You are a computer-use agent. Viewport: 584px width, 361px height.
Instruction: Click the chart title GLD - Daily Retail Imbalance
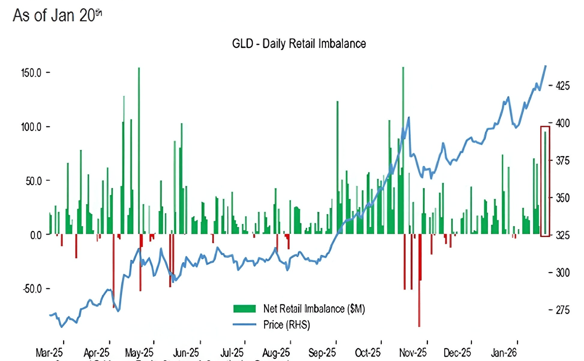(299, 44)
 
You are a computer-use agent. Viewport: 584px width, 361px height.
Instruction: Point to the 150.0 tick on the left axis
(32, 73)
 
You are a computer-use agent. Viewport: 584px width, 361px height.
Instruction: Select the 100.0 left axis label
(32, 127)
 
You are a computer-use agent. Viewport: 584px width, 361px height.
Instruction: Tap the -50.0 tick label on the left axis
(32, 289)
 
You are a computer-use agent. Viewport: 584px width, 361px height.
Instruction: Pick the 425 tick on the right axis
(562, 86)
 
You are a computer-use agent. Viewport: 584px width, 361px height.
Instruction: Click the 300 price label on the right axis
(562, 273)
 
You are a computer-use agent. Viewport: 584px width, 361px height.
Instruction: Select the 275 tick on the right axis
(562, 310)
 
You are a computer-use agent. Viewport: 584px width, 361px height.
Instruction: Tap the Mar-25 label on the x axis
(49, 353)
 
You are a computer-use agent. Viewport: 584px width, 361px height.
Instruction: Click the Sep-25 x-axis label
(322, 353)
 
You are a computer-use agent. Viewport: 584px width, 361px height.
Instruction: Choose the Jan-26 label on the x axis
(504, 353)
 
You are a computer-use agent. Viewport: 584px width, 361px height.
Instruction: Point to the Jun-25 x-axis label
(186, 353)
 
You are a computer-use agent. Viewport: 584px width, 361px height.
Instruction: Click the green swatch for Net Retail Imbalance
(245, 309)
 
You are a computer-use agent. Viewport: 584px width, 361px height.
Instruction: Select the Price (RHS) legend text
(287, 325)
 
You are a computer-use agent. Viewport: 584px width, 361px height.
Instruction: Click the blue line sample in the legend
(245, 324)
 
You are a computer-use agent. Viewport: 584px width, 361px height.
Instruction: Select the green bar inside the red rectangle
(545, 183)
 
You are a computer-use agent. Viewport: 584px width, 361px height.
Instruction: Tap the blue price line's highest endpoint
(546, 66)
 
